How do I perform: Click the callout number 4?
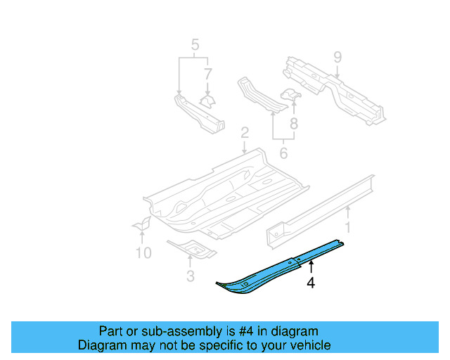[310, 283]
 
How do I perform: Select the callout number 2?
[244, 133]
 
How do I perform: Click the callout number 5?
[195, 48]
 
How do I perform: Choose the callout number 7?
[207, 73]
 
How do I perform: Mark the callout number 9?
[337, 56]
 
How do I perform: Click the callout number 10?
[143, 252]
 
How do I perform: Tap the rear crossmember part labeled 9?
[330, 88]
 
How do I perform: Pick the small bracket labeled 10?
[143, 224]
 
